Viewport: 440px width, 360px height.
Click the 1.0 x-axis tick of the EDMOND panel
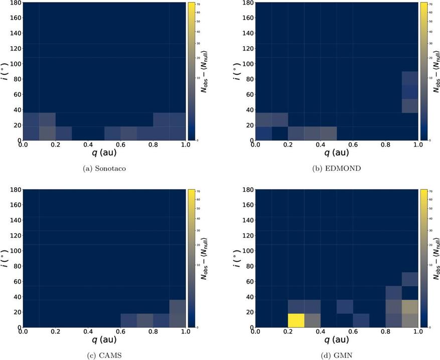(417, 145)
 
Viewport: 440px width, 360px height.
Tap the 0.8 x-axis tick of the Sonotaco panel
(153, 145)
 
